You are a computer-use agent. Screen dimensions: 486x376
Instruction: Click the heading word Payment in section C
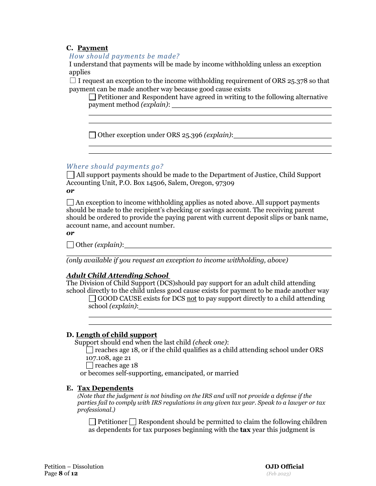tap(93, 48)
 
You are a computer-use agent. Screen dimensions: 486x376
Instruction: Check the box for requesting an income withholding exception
tap(73, 81)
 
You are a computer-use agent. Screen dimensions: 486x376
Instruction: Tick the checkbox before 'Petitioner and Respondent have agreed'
tap(92, 97)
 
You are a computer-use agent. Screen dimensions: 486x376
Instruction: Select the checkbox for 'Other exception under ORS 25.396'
tap(92, 135)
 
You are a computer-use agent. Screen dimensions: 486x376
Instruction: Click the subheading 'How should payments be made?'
tap(124, 56)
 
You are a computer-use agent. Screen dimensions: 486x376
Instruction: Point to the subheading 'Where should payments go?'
tap(115, 166)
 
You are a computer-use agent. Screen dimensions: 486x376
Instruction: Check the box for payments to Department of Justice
tap(70, 175)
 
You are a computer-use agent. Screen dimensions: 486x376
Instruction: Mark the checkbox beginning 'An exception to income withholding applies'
tap(70, 202)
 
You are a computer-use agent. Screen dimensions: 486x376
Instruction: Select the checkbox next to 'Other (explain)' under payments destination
tap(70, 245)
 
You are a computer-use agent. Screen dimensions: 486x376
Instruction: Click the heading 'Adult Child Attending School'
tap(118, 275)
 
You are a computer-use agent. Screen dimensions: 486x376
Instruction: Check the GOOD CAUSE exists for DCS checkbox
tap(92, 299)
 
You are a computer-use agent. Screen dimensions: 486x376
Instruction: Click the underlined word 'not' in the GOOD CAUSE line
tap(192, 299)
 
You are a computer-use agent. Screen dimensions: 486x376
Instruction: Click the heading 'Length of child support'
tap(116, 335)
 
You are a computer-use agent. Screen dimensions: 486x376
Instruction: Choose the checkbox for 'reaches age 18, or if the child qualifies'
tap(90, 350)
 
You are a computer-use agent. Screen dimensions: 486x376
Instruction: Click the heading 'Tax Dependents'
tap(105, 388)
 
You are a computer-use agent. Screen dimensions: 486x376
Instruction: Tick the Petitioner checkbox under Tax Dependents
tap(92, 422)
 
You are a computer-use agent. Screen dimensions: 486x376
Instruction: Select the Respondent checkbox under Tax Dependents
tap(133, 422)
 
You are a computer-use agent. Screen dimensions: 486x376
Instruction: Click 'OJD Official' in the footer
tap(285, 467)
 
